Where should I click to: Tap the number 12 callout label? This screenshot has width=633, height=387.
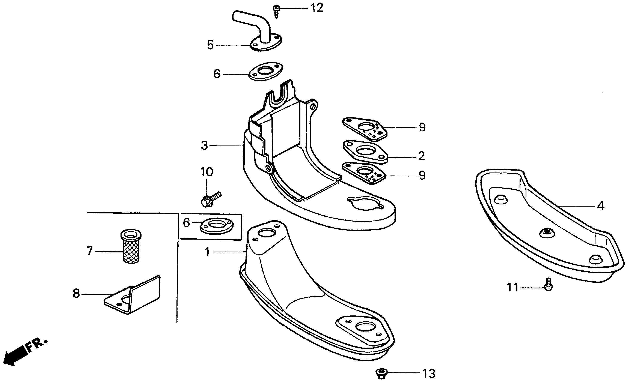pyautogui.click(x=317, y=8)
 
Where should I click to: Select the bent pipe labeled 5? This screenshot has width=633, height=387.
pyautogui.click(x=259, y=33)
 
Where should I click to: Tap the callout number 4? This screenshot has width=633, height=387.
pyautogui.click(x=601, y=206)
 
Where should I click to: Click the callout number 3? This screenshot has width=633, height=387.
pyautogui.click(x=204, y=145)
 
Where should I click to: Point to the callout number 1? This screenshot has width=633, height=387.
pyautogui.click(x=208, y=252)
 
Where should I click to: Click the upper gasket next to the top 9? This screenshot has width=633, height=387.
pyautogui.click(x=365, y=128)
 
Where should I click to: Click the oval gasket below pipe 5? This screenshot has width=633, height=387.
pyautogui.click(x=266, y=71)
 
